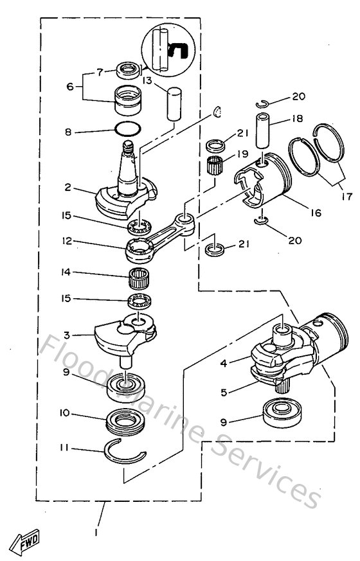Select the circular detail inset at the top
point(166,48)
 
